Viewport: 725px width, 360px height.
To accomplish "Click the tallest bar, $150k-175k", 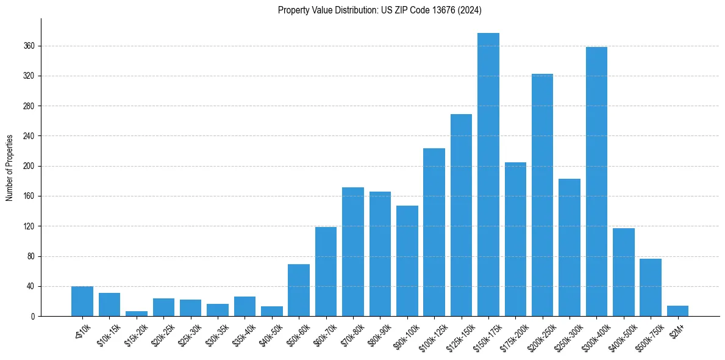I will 488,175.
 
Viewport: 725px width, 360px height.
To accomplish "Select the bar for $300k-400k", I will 596,181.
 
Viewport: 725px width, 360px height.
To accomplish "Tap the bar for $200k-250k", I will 542,195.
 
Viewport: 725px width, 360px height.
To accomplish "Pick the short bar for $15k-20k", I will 137,314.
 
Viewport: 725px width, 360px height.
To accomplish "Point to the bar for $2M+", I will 677,311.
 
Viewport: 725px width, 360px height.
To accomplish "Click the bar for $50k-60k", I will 299,290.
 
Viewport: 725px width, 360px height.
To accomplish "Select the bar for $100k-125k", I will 434,232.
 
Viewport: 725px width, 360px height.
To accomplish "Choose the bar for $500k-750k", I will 651,287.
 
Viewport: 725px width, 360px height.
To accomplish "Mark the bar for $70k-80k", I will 353,251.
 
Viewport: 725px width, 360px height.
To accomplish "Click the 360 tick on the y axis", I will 29,46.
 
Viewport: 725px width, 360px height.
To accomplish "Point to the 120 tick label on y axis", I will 29,226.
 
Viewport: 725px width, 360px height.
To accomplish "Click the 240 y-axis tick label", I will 29,136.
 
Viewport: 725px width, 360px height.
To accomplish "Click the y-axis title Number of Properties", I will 9,168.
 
